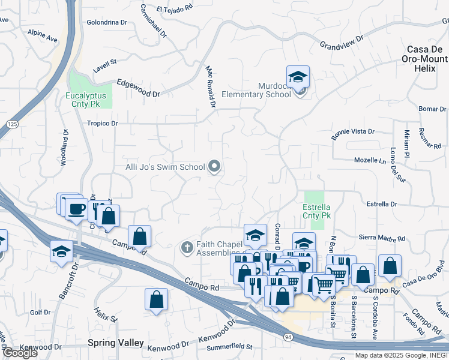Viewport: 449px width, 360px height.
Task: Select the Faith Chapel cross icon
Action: tap(187, 247)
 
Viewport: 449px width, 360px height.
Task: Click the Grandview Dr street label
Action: tap(342, 42)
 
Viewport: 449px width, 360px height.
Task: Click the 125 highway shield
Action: tap(12, 124)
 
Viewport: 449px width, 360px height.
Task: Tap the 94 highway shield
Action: tap(288, 338)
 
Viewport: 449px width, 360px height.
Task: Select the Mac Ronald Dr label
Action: tap(210, 86)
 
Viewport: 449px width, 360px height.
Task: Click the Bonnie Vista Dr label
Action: tap(352, 134)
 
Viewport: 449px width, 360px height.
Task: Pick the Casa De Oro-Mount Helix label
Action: tap(427, 59)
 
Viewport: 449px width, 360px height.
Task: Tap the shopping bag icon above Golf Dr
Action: tap(156, 299)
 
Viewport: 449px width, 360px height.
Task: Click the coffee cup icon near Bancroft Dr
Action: tap(76, 209)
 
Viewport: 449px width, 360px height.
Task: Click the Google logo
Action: tap(20, 353)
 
